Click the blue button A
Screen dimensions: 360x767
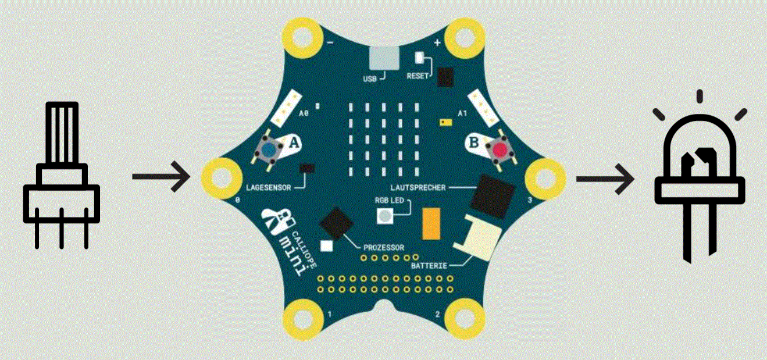[x=268, y=151]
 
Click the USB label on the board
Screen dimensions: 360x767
[x=370, y=77]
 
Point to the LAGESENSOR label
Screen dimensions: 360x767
[x=266, y=188]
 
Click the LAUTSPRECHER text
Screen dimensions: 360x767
[x=419, y=187]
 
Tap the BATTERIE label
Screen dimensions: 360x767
[x=429, y=265]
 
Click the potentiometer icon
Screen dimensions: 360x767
[x=62, y=174]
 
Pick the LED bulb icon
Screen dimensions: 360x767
[x=700, y=174]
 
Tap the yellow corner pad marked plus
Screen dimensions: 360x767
[x=463, y=37]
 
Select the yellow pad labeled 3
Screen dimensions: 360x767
[x=545, y=175]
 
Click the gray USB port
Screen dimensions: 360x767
[x=383, y=58]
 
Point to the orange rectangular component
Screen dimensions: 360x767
[x=431, y=223]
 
